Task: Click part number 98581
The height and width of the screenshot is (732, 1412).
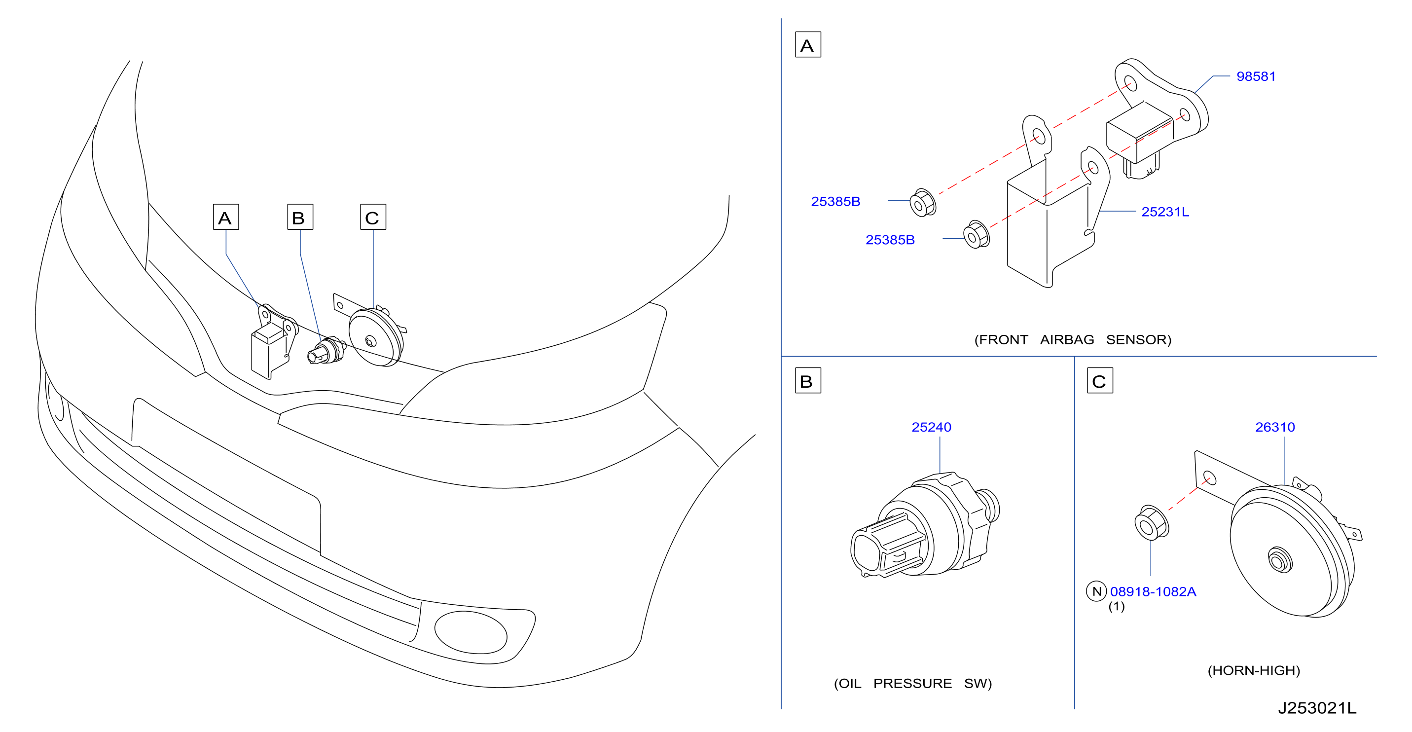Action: click(1256, 76)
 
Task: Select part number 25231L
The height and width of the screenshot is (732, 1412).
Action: click(1165, 212)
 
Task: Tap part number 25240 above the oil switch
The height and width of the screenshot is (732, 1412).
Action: click(931, 427)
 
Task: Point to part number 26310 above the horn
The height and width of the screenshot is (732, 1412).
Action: click(1275, 427)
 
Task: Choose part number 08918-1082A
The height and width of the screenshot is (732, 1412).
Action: click(1153, 591)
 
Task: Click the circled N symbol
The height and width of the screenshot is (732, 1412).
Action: click(1096, 591)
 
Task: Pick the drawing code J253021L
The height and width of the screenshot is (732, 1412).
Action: click(1317, 708)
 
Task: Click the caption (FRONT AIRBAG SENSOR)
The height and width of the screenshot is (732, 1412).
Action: click(1073, 339)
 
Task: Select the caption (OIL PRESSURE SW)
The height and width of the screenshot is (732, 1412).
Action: click(913, 683)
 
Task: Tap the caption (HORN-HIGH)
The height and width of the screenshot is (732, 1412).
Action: click(1254, 670)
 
